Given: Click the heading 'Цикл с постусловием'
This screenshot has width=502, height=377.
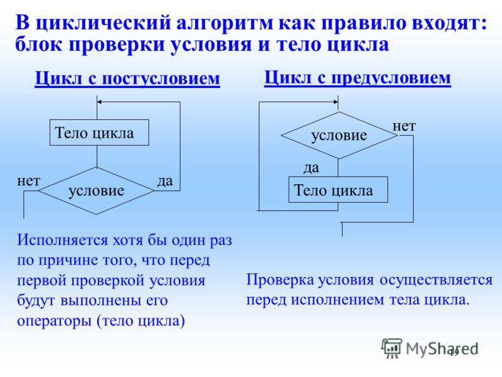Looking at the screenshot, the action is [127, 79].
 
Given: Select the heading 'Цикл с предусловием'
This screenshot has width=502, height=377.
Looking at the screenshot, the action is [357, 78].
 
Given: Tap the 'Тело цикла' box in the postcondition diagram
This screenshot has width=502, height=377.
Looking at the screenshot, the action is [99, 133].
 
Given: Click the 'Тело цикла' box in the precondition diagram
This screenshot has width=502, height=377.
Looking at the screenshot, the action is [338, 190].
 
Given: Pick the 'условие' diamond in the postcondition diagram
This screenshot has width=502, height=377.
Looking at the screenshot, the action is [96, 191].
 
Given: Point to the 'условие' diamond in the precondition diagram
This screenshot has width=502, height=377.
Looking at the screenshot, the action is [339, 135].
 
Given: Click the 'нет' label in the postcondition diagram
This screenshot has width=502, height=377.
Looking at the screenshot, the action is [28, 181].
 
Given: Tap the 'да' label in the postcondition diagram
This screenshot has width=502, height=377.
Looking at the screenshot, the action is [165, 182].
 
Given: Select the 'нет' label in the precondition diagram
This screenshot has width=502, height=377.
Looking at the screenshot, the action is [404, 126].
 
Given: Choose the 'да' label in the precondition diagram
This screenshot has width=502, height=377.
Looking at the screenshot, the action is [311, 168].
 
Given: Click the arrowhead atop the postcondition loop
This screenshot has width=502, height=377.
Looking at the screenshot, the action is [99, 102].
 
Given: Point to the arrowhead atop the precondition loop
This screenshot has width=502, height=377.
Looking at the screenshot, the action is [336, 102].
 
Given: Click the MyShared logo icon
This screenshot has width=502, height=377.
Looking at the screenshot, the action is [391, 348].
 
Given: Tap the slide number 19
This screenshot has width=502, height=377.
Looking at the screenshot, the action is [454, 353].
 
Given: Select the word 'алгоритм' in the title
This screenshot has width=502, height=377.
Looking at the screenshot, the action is [225, 24].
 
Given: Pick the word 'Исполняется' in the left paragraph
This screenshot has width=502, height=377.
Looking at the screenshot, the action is [62, 241].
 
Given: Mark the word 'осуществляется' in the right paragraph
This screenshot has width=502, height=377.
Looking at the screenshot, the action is [436, 280].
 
